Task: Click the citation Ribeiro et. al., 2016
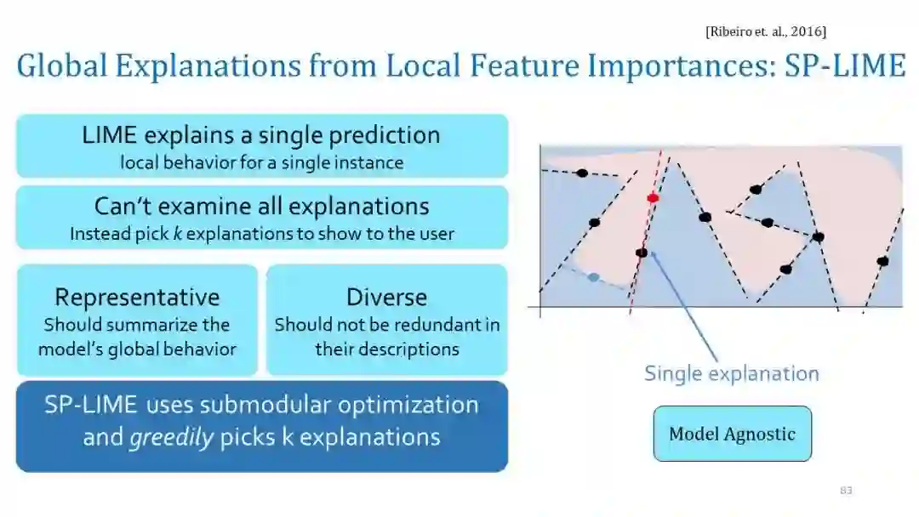click(x=766, y=31)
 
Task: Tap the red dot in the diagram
click(x=653, y=198)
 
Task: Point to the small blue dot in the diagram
click(x=593, y=277)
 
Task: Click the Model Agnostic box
click(x=732, y=434)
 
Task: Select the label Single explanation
click(x=731, y=373)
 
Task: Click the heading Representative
click(x=137, y=297)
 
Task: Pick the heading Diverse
click(x=386, y=297)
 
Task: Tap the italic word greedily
click(x=171, y=438)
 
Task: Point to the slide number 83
click(x=846, y=491)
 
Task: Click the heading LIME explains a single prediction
click(x=261, y=135)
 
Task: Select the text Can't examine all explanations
click(x=261, y=206)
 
